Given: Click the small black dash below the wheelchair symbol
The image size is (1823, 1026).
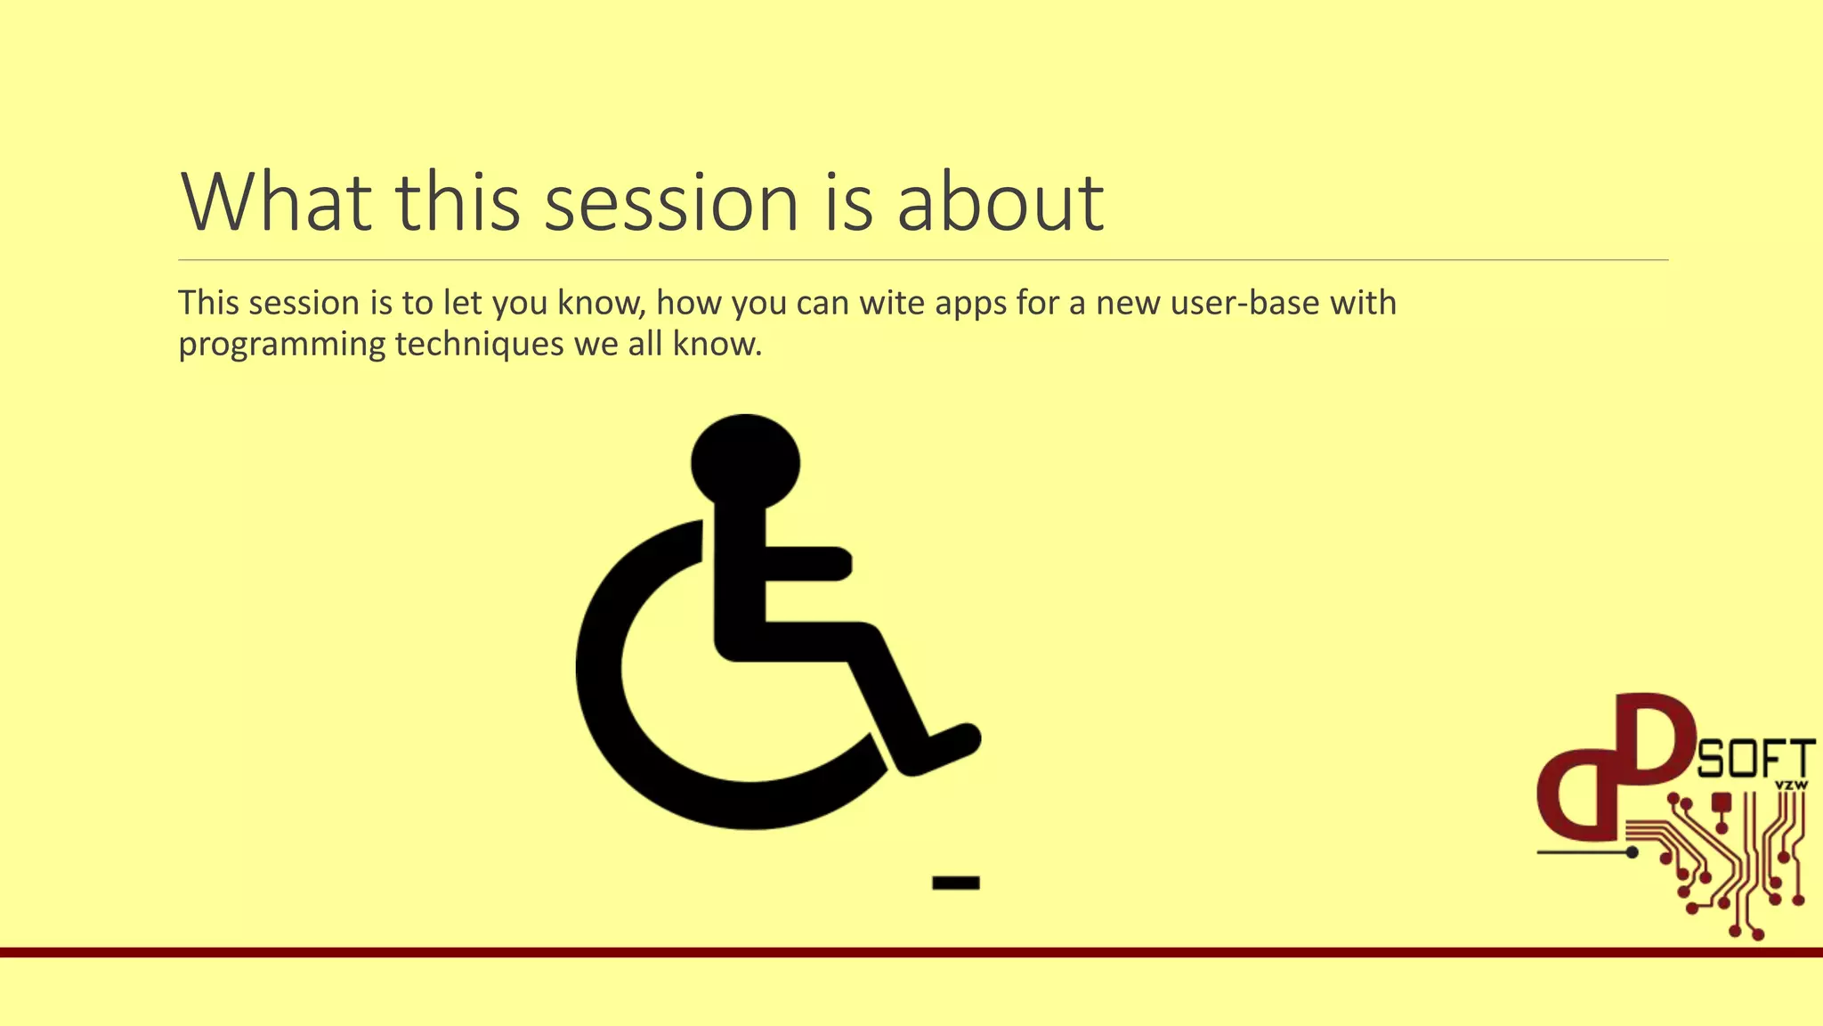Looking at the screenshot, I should [955, 883].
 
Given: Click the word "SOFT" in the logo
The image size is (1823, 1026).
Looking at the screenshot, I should [1754, 760].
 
